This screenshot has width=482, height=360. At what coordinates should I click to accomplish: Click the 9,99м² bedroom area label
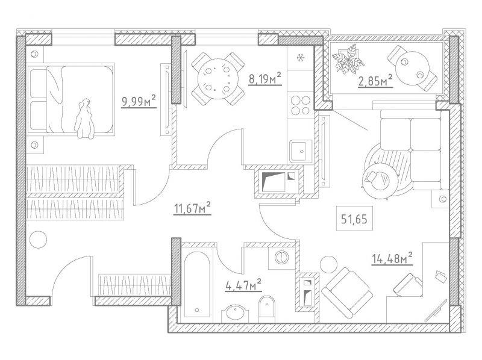click(139, 101)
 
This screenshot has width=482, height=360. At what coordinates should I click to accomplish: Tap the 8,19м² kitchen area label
click(265, 78)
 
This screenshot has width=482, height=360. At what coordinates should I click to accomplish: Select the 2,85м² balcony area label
click(375, 81)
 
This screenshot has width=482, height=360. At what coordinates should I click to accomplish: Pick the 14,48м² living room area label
click(392, 258)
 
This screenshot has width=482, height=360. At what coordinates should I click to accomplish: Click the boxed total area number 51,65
click(354, 219)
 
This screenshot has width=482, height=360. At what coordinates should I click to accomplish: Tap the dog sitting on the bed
click(84, 119)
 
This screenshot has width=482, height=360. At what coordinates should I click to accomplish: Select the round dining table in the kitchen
click(218, 79)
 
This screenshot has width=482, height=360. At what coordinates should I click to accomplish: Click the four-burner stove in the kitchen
click(300, 105)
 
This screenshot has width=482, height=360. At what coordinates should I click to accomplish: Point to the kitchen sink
click(300, 151)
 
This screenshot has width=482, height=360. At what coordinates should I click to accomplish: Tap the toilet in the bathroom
click(266, 309)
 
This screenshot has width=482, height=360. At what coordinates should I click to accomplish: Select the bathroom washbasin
click(235, 314)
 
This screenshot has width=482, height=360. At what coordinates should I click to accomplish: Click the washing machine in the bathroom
click(281, 258)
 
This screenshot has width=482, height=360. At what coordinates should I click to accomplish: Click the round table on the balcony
click(412, 68)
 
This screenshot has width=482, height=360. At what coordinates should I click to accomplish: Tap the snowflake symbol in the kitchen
click(301, 57)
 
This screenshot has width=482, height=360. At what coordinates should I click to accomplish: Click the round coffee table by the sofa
click(376, 179)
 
